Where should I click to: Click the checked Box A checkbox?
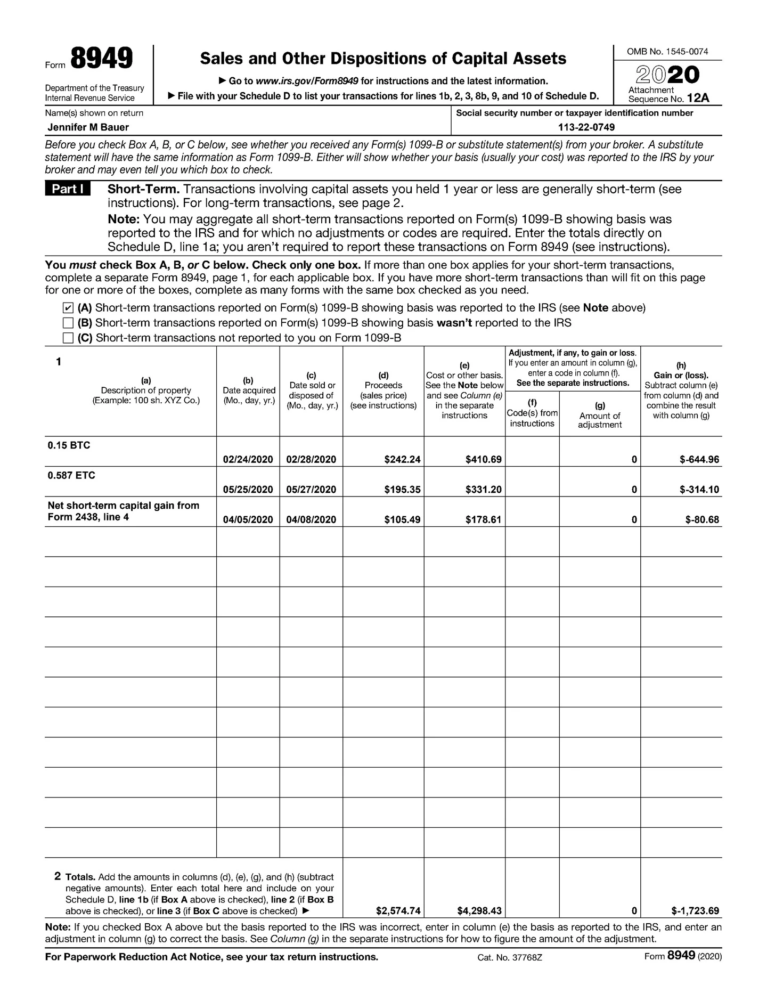[x=68, y=308]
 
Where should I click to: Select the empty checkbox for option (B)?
[x=68, y=323]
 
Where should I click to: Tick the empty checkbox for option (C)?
[x=68, y=338]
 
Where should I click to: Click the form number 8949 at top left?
[x=101, y=59]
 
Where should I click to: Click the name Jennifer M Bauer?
[x=88, y=127]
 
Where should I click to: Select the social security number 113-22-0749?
[x=586, y=127]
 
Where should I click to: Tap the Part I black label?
[x=68, y=189]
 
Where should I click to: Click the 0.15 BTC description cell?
[x=69, y=445]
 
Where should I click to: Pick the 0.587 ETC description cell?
[x=71, y=475]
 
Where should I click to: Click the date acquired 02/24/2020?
[x=248, y=459]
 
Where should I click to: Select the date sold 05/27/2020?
[x=311, y=490]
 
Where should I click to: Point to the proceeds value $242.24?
[x=402, y=459]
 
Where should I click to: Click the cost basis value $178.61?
[x=483, y=519]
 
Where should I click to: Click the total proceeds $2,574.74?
[x=398, y=910]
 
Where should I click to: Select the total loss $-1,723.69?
[x=695, y=910]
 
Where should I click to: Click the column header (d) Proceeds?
[x=383, y=390]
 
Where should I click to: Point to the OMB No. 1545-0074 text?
[x=667, y=52]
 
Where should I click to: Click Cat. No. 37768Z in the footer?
[x=510, y=957]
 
